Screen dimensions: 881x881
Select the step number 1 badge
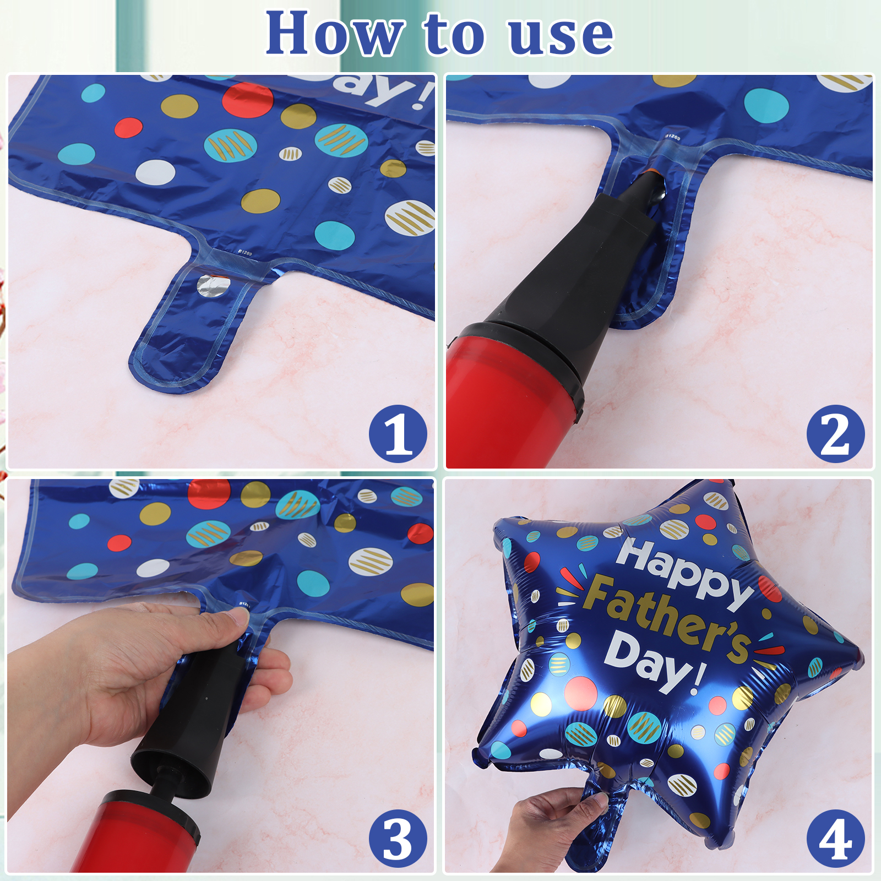(398, 434)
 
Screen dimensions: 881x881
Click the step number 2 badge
(835, 434)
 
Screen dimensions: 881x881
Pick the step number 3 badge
(398, 839)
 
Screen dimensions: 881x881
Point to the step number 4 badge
(835, 839)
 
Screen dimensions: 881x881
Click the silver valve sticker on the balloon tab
(214, 286)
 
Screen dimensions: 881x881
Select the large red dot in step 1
(248, 100)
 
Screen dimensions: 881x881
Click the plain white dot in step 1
(155, 172)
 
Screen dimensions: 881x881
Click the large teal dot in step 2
(766, 105)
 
